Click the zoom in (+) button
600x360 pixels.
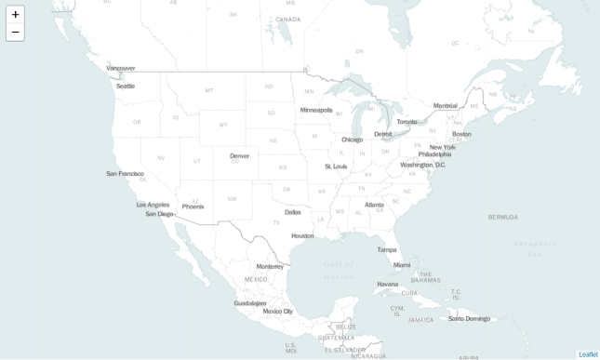pos(15,15)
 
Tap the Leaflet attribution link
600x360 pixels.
pos(588,354)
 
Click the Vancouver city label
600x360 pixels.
pos(121,68)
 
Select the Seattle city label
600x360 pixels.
pos(126,86)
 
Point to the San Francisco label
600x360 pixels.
pos(125,173)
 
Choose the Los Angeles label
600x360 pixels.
pos(153,205)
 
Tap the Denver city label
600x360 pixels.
pos(239,155)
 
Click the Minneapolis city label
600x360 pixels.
pos(316,110)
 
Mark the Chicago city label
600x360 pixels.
pos(353,140)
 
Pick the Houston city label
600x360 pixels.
pos(302,235)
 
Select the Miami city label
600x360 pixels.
pos(402,265)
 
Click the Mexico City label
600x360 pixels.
pos(278,312)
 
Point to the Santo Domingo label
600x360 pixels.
pos(469,318)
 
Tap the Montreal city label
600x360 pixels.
pos(446,105)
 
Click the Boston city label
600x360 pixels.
pos(461,133)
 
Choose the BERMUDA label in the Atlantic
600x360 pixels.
pos(503,217)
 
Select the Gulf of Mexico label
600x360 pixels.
pos(339,270)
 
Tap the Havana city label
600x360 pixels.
pos(387,284)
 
